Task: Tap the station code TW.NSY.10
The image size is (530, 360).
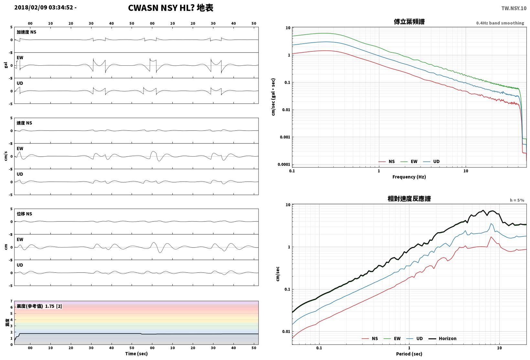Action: coord(514,8)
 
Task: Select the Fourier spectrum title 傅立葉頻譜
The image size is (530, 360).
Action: coord(409,22)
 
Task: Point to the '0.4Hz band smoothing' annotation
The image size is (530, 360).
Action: coord(500,23)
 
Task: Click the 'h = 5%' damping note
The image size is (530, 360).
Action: coord(517,200)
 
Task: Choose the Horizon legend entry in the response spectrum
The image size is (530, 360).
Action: coord(442,338)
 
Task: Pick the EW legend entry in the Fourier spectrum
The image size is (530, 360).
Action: coord(409,161)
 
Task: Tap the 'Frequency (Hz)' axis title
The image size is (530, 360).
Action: coord(409,177)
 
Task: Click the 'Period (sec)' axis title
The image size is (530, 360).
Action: coord(409,354)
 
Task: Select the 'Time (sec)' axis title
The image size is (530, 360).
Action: coord(136,354)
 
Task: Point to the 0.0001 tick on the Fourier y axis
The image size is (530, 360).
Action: coord(284,164)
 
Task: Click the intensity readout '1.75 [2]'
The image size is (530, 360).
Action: coord(53,306)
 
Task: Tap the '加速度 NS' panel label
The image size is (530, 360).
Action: coord(26,32)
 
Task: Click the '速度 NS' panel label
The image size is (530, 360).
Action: coord(24,123)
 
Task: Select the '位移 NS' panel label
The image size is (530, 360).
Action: coord(24,214)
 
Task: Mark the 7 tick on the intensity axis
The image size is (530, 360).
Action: coord(11,301)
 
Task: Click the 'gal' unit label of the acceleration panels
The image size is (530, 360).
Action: coord(6,65)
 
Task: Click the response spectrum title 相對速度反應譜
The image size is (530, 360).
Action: coord(409,199)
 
